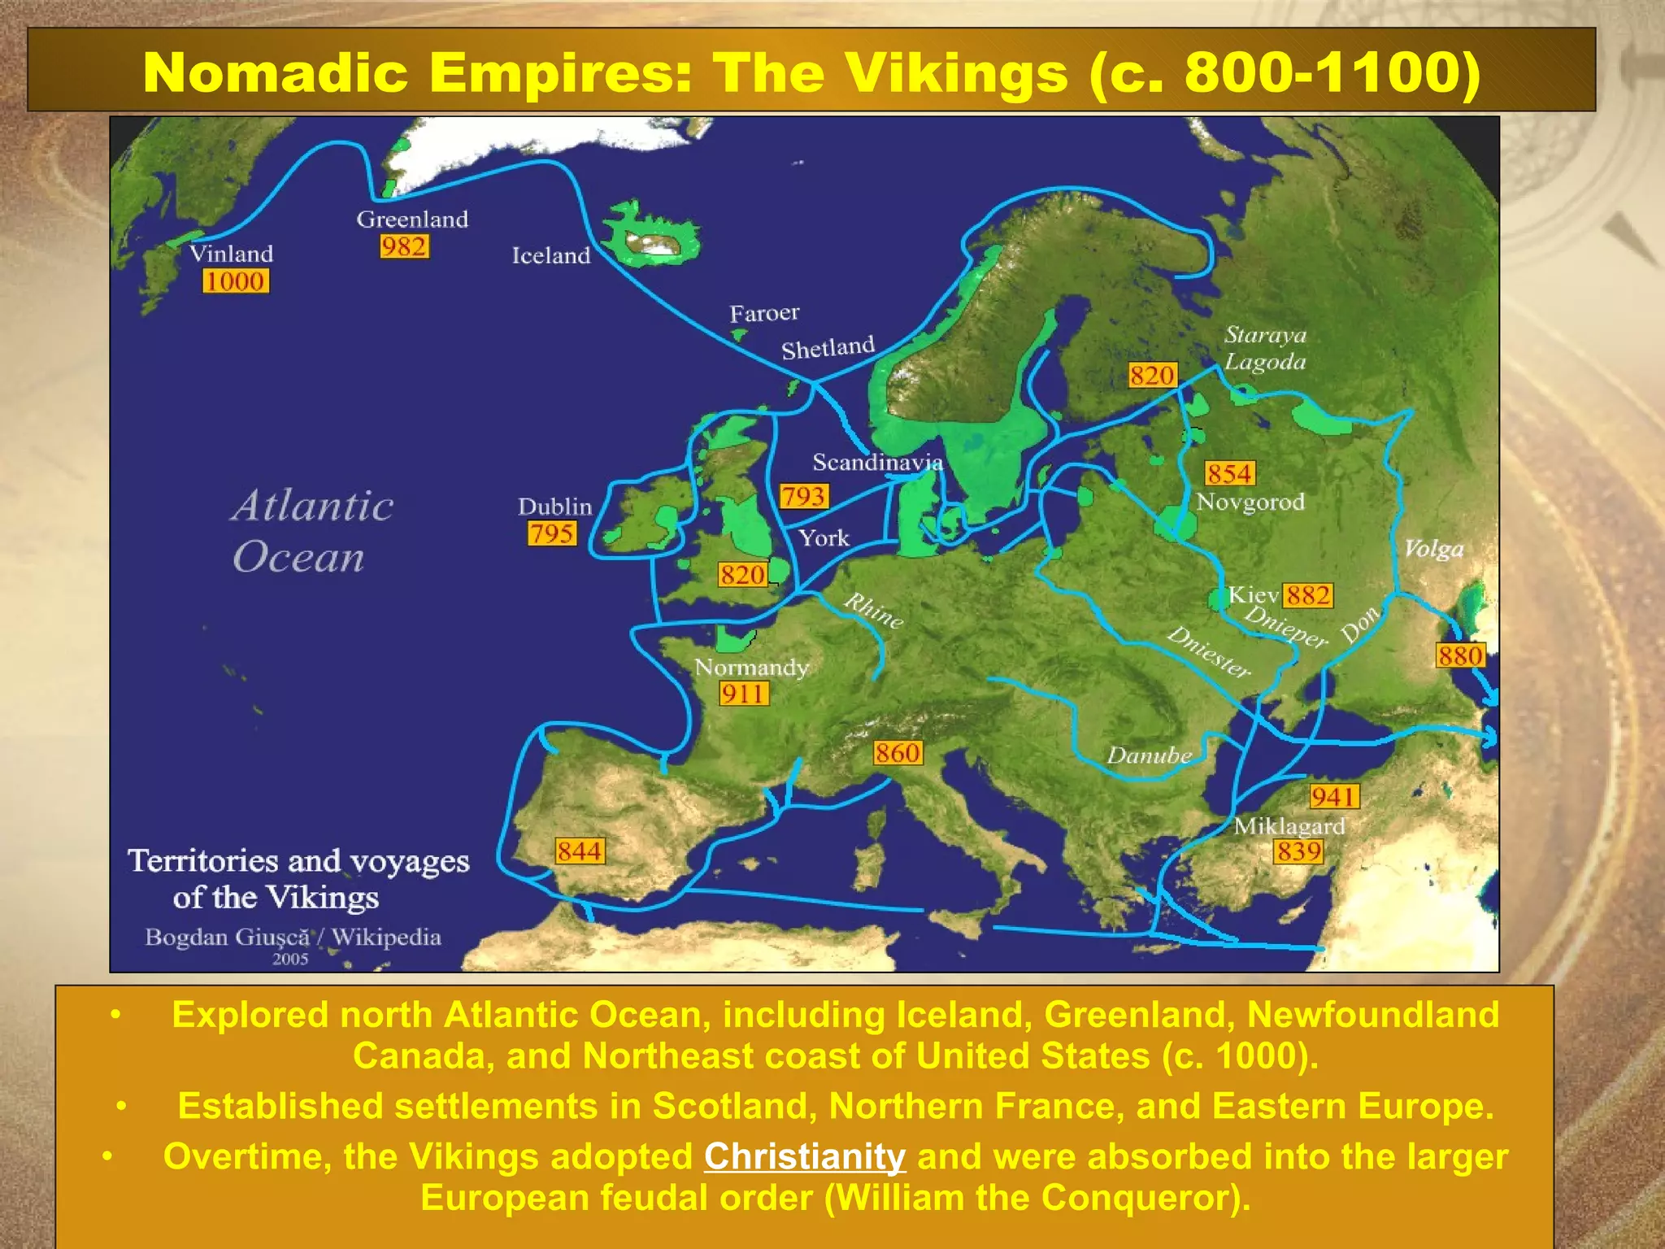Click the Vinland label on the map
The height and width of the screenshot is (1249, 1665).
232,254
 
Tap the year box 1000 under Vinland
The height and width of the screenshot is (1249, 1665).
235,281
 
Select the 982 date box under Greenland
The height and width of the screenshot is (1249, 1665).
404,246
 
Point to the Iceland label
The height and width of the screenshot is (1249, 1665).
551,255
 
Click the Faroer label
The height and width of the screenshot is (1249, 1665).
764,313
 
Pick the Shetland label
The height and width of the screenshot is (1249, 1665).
828,348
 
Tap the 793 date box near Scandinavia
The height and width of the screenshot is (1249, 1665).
803,496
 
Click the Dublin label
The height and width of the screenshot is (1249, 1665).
555,507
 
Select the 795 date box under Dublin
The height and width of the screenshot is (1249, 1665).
552,533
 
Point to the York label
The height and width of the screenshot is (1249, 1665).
824,538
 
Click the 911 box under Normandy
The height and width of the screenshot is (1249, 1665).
743,694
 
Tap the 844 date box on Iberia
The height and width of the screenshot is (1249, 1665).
580,851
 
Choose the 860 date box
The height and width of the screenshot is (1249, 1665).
898,753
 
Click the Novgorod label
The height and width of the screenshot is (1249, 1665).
1250,502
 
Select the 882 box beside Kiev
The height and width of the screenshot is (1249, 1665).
1308,595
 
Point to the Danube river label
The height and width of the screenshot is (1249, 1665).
1149,755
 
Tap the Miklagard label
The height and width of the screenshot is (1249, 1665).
1289,826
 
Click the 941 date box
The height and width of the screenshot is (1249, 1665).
1333,797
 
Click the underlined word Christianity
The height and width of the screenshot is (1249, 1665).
804,1156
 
